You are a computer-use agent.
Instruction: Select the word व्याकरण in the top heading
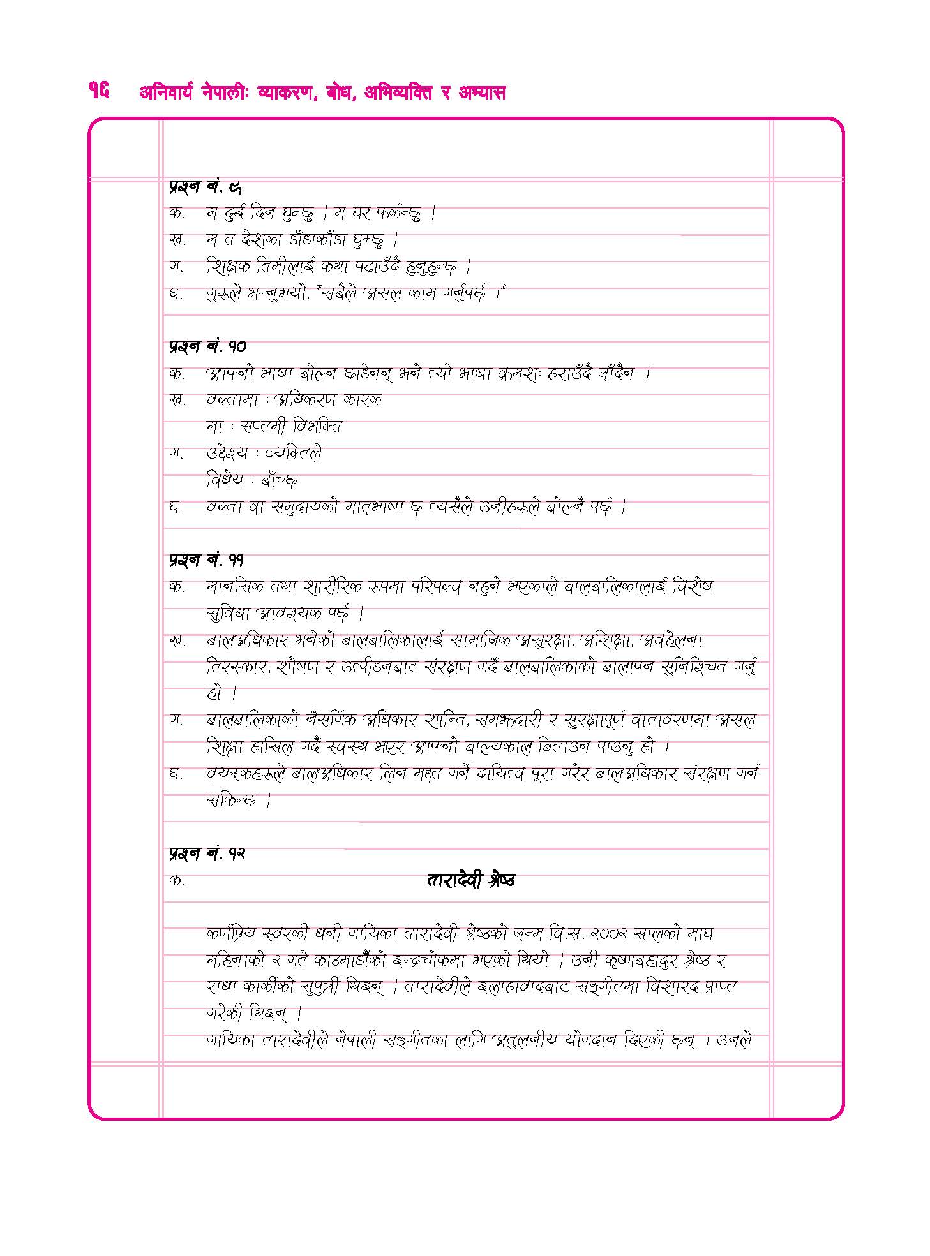click(x=285, y=93)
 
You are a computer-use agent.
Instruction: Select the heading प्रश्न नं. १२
click(x=207, y=853)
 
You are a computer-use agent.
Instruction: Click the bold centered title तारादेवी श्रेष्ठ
click(x=470, y=880)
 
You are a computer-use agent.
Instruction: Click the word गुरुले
click(x=223, y=294)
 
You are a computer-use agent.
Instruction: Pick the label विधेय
click(x=225, y=480)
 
